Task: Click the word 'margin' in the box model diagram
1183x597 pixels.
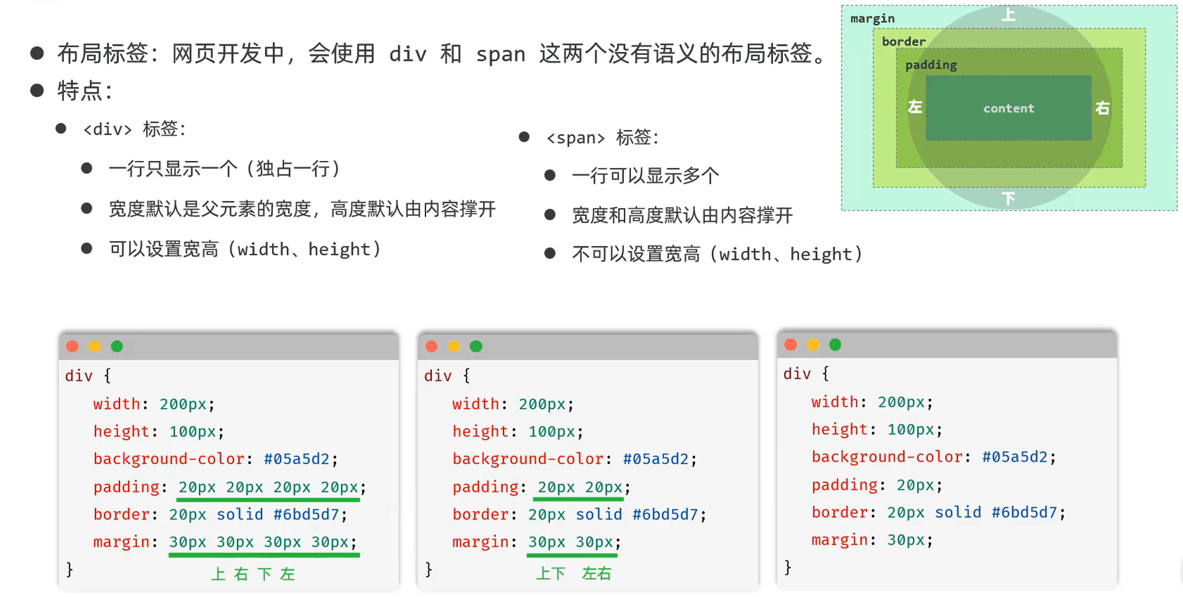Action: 872,18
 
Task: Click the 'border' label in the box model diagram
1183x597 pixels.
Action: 903,42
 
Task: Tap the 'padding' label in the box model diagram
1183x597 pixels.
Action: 931,65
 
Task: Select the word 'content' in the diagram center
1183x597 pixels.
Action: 1008,108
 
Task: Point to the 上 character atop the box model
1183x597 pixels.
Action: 1008,14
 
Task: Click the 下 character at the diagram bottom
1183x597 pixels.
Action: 1008,198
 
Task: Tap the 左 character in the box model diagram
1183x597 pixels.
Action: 914,107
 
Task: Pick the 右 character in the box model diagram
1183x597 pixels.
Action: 1102,108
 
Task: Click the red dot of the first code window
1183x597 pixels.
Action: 72,346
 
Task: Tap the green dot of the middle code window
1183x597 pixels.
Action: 476,346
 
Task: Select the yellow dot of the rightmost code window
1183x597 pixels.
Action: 813,345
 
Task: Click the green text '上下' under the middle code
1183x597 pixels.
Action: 550,574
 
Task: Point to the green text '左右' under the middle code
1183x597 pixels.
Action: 596,574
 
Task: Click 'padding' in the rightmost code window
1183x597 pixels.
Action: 844,485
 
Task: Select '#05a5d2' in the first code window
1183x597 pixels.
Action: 297,459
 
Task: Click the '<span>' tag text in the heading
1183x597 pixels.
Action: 576,138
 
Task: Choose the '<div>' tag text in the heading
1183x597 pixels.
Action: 108,129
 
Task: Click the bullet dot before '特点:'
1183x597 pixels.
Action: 37,91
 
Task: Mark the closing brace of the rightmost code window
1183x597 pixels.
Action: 788,567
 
